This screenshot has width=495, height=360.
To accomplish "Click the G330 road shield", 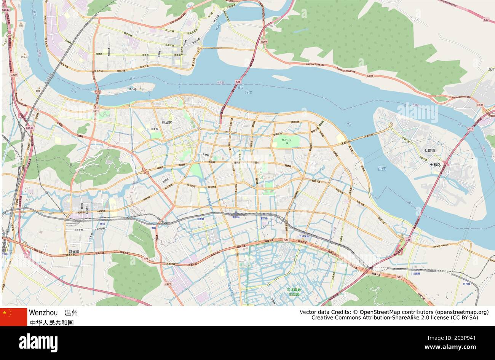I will [x=14, y=75].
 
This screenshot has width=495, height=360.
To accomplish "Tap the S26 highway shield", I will [x=238, y=82].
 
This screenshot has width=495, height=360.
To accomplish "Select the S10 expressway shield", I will [x=486, y=19].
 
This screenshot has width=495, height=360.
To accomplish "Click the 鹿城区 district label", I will [x=167, y=123].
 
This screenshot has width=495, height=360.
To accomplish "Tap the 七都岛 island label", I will [x=435, y=165].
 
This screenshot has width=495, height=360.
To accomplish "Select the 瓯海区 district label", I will [x=74, y=252].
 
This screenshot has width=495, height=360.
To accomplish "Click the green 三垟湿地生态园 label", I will [x=294, y=292].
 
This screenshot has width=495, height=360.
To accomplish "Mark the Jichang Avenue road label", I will [x=441, y=247].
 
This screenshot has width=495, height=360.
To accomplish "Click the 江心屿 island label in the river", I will [x=132, y=89].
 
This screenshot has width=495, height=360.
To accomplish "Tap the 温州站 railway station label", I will [x=236, y=217].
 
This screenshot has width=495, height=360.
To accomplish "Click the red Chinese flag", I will [x=13, y=317].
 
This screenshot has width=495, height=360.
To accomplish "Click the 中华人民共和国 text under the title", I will [x=52, y=323].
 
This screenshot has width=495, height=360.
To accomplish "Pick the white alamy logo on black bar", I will [x=38, y=342].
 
